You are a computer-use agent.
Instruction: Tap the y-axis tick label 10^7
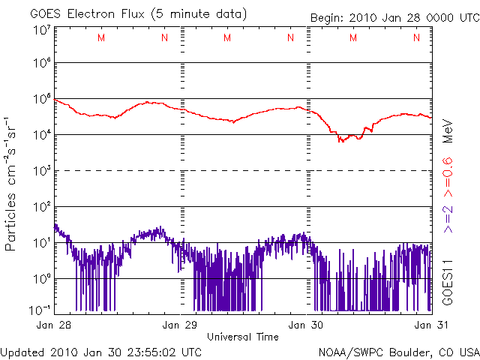pyautogui.click(x=41, y=31)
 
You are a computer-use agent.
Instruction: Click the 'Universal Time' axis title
pyautogui.click(x=243, y=337)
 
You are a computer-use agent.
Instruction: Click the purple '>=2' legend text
pyautogui.click(x=446, y=217)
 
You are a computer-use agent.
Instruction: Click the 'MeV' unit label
pyautogui.click(x=446, y=130)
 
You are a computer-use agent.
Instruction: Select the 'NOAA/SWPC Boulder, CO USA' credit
pyautogui.click(x=398, y=352)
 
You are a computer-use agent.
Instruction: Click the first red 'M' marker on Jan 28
pyautogui.click(x=101, y=38)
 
